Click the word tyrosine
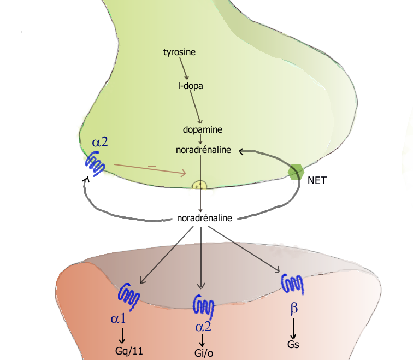point(180,52)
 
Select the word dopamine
point(202,129)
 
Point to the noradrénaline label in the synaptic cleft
point(205,218)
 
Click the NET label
point(317,180)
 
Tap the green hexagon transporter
point(296,172)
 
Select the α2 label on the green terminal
point(100,142)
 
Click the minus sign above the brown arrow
point(152,164)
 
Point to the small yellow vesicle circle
point(200,185)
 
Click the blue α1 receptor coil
point(129,296)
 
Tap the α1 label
point(119,318)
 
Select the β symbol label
point(294,309)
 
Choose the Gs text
point(293,344)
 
